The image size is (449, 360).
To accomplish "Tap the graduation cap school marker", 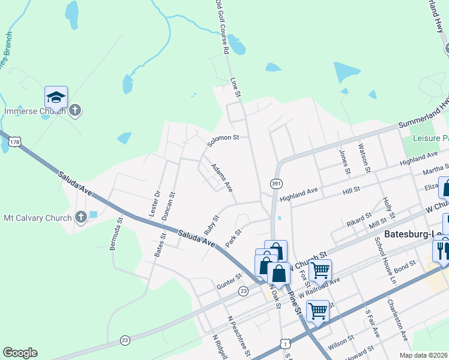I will click(x=56, y=97).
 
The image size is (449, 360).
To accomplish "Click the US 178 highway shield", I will click(x=15, y=142).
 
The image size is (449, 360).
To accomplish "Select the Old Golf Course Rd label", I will click(x=221, y=28).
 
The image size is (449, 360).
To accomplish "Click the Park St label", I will click(x=234, y=238).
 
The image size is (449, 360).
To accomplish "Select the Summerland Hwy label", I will click(x=423, y=118).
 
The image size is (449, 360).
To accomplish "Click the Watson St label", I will click(x=363, y=157).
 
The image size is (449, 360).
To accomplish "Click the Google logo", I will click(x=20, y=353).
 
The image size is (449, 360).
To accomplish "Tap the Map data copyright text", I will click(x=423, y=355).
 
